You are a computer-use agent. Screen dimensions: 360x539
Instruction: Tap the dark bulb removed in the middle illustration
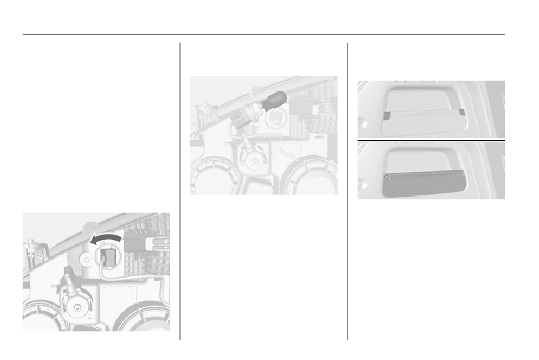click(275, 102)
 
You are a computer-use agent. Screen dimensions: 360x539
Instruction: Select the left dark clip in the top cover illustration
click(387, 115)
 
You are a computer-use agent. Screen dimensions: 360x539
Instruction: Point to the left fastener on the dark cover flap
click(387, 177)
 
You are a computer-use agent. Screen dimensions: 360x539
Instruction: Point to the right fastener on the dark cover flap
click(463, 174)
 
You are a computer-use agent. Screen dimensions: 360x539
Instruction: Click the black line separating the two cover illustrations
click(431, 141)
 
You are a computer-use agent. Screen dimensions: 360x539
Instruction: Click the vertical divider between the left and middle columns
click(180, 193)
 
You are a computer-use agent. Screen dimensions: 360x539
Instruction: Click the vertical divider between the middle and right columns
click(348, 193)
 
